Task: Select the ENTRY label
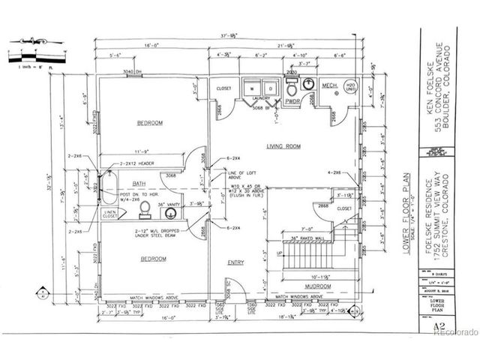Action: (235, 262)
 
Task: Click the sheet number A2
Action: (429, 327)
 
